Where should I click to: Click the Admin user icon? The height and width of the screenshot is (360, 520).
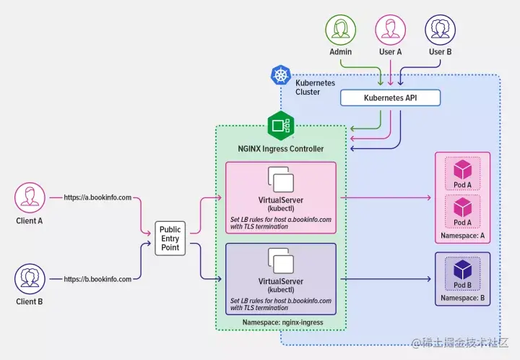tap(341, 30)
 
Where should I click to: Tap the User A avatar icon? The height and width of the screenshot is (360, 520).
tap(390, 30)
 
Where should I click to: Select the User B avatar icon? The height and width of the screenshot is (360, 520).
tap(440, 30)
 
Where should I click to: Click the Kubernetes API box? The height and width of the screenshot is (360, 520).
tap(390, 98)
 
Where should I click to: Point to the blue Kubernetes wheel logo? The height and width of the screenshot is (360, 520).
tap(281, 74)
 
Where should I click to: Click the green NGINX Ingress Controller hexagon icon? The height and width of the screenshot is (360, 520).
tap(281, 126)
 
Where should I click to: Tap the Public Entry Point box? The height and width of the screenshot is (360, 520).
tap(170, 239)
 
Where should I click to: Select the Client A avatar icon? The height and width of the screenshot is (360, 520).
tap(30, 198)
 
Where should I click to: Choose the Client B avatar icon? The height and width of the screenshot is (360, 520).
tap(30, 279)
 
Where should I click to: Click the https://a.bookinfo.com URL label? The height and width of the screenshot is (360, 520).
tap(97, 197)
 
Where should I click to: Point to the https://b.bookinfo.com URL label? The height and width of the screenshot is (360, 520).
tap(97, 279)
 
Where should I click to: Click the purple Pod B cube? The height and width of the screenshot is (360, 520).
tap(463, 270)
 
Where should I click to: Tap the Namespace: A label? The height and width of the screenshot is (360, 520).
tap(463, 236)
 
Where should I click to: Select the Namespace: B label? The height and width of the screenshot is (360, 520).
tap(463, 298)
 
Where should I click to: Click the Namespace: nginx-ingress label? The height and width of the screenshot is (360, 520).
tap(282, 322)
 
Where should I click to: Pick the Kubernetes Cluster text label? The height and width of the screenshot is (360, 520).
tap(315, 87)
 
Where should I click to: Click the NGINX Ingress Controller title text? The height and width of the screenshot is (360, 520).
tap(280, 149)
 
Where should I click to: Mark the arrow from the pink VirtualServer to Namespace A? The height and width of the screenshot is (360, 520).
tap(386, 198)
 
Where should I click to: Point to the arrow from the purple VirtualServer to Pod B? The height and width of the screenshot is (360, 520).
tap(386, 279)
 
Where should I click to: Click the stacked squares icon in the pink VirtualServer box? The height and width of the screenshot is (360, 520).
tap(281, 179)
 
